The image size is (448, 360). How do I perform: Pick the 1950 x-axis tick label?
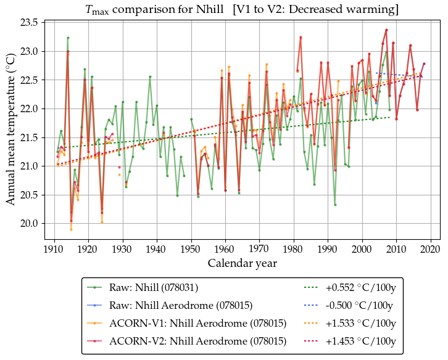click(191, 249)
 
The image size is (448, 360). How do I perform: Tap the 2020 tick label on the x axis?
click(431, 249)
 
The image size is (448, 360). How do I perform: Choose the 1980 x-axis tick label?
click(294, 249)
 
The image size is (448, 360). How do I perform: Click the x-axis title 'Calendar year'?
click(242, 263)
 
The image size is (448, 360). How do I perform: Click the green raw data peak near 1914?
click(68, 38)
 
